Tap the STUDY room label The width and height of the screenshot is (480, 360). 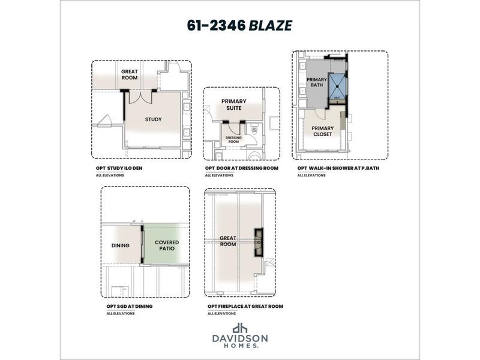coord(153,119)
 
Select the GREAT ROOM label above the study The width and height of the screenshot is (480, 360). coord(130,74)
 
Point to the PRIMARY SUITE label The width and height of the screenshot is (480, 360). coord(234,105)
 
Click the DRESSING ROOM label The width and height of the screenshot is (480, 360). coord(233,139)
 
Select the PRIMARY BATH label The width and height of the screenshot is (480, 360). coord(316,83)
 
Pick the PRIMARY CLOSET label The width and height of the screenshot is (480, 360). coord(322,131)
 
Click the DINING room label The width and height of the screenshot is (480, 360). coord(121,245)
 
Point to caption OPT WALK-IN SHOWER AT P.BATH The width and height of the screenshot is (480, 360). coord(338,169)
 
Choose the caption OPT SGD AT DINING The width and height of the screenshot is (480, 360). coord(129,306)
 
